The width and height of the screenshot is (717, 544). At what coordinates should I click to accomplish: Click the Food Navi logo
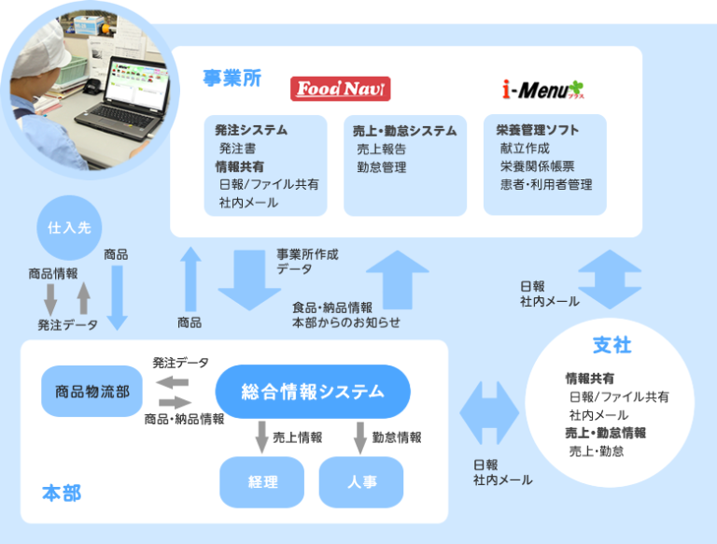pos(340,89)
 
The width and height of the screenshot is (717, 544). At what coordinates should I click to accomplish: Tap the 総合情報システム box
pos(313,392)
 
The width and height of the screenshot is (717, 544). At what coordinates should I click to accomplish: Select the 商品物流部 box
pos(91,391)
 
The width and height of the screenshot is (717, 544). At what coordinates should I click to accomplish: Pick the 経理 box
pos(262,481)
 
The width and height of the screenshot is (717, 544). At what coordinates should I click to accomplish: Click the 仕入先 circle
pos(69,227)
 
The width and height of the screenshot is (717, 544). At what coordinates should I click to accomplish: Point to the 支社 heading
pos(612,345)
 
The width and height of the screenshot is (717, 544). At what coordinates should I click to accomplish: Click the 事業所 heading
pos(232,79)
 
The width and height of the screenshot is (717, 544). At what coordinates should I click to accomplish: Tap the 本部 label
pos(62,493)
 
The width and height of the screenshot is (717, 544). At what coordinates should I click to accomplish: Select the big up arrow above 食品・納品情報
pos(398,277)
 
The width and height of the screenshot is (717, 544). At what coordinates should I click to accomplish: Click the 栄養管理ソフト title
pos(537,131)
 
